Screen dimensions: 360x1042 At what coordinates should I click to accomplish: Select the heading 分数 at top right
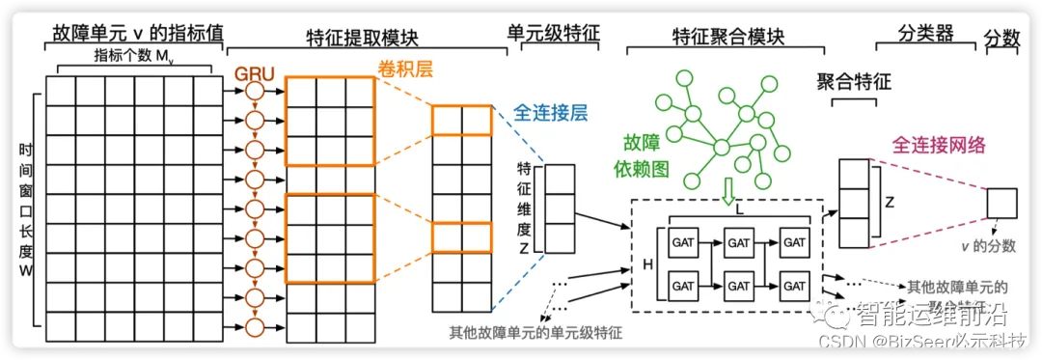pos(1004,37)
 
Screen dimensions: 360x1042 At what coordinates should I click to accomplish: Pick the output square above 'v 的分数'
pos(1001,204)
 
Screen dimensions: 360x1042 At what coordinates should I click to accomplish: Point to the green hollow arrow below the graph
pos(727,192)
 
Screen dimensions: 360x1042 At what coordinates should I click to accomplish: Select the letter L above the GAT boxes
pos(738,209)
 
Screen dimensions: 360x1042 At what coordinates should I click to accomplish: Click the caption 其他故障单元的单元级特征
pos(535,333)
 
